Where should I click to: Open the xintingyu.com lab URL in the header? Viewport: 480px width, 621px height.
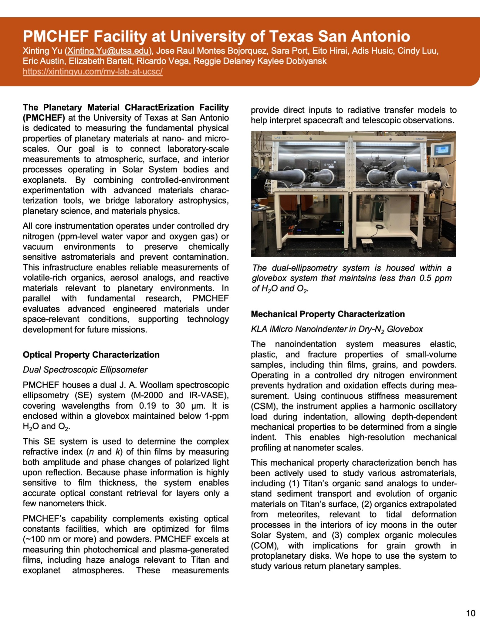(93, 72)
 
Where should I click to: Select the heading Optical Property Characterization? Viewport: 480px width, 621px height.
(91, 355)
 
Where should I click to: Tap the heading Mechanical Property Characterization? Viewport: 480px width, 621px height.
(328, 314)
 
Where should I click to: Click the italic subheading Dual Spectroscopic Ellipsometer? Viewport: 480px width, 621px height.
(85, 370)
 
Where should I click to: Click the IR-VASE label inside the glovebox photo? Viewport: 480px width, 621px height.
(329, 165)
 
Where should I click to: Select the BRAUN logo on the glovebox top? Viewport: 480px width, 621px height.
(419, 138)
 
